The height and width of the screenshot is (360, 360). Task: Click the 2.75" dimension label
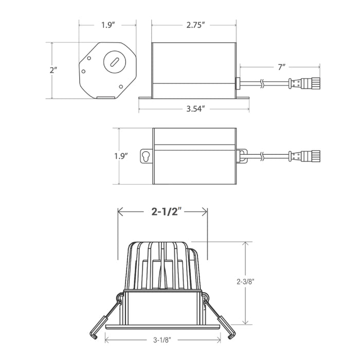coord(195,25)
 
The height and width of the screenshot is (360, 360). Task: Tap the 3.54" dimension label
coord(195,109)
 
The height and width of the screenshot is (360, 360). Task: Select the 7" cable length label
coord(281,67)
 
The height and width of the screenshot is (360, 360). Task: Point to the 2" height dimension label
coord(53,70)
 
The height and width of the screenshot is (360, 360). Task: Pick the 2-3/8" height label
coord(246,281)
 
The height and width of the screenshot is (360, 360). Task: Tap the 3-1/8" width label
coord(163,340)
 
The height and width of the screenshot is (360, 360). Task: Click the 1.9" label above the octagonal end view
coord(108,25)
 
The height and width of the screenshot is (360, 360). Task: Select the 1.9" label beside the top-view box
coord(121,156)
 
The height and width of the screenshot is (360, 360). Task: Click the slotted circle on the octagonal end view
coord(115,62)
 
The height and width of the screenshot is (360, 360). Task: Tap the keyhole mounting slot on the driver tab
coord(146,156)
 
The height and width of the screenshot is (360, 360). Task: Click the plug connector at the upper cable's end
coord(304,83)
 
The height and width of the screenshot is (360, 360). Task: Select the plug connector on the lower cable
coord(304,156)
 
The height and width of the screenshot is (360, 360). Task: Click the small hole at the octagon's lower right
coord(121,86)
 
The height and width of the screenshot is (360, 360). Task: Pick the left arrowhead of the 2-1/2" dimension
coord(120,211)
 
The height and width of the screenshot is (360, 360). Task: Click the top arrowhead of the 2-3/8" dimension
coord(246,244)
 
